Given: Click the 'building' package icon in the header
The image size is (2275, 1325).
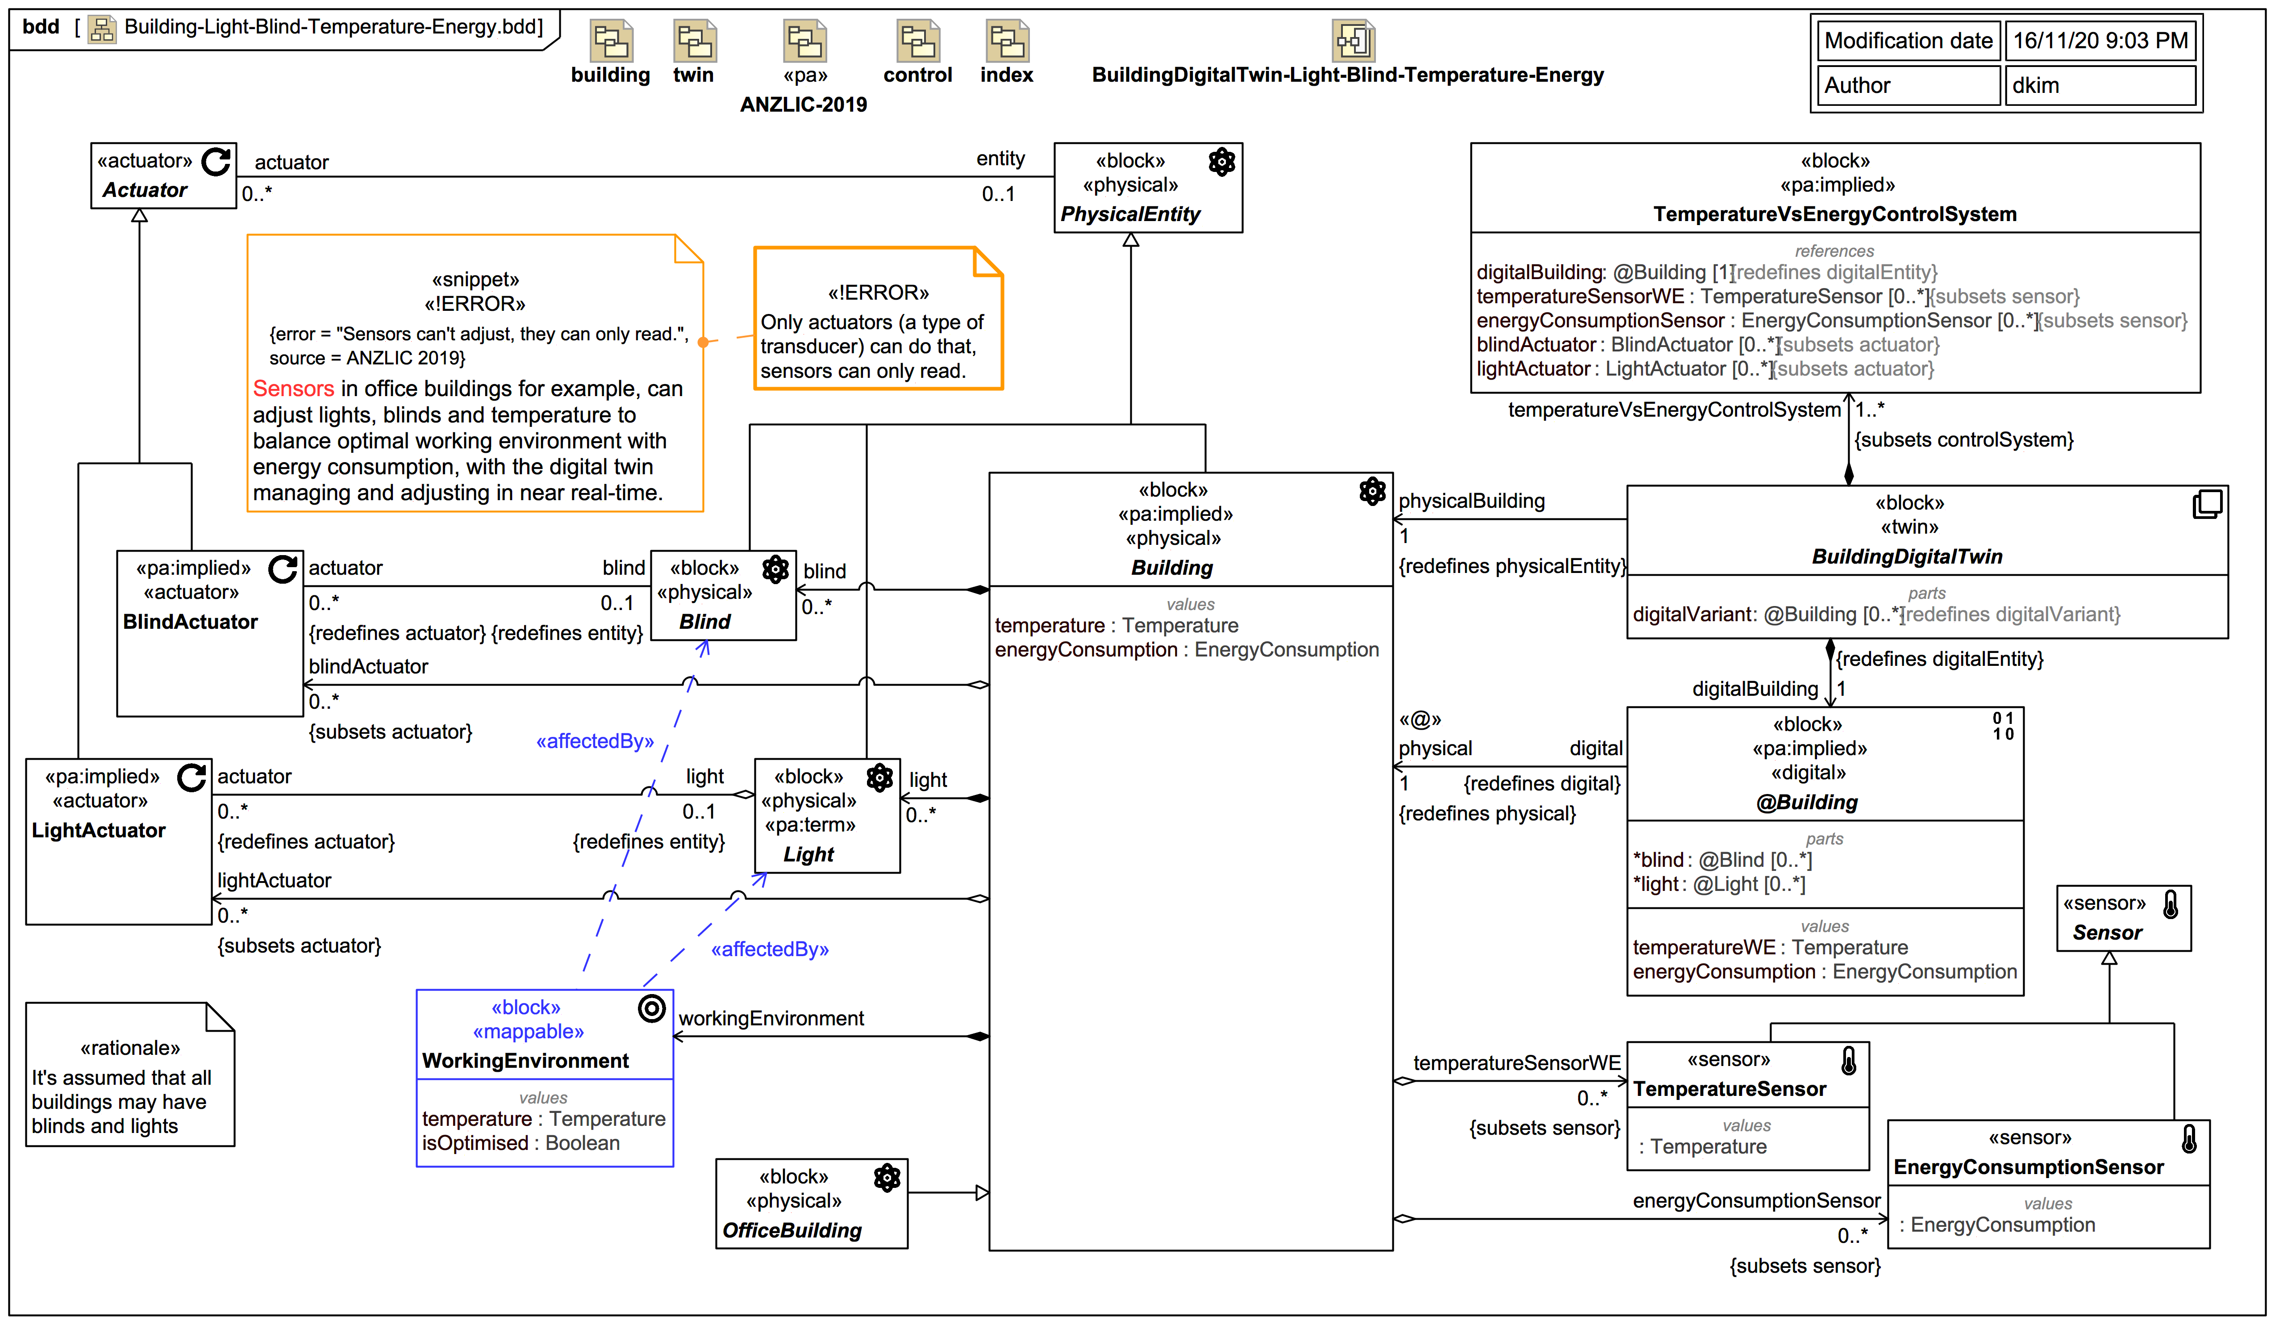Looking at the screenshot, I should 610,42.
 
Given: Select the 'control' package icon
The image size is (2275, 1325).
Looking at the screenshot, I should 917,42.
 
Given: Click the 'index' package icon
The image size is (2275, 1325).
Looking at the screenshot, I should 1007,42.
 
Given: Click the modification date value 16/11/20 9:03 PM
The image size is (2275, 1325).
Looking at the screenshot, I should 2100,41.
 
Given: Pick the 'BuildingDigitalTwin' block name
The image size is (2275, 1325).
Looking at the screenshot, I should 1907,556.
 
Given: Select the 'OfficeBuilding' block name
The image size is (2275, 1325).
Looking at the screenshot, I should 792,1230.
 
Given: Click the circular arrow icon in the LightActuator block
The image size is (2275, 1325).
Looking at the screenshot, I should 192,777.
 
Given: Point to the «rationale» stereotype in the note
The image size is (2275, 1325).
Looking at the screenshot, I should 130,1048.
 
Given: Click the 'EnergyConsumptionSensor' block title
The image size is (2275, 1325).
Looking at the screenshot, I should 2028,1167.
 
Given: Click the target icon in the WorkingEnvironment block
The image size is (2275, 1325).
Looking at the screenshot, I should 651,1008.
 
